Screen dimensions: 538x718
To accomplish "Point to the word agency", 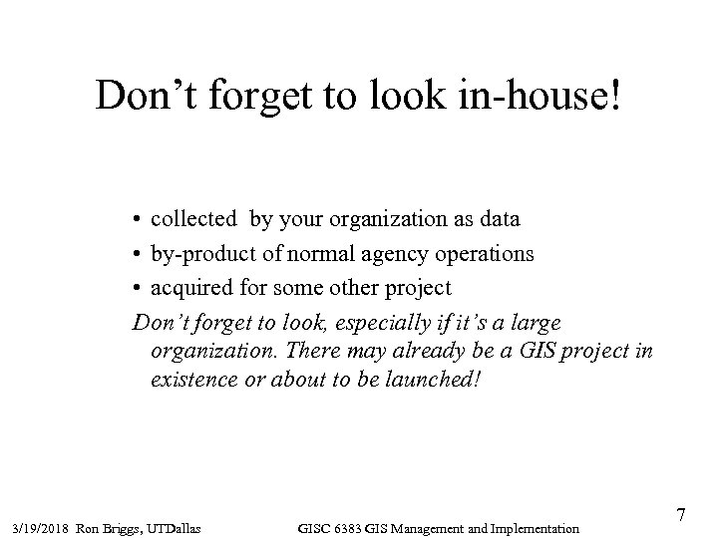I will (379, 254).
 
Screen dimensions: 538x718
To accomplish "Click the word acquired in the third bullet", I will (189, 288).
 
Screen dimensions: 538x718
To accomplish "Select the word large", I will (538, 323).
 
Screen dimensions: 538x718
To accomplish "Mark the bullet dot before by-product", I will (137, 254).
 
